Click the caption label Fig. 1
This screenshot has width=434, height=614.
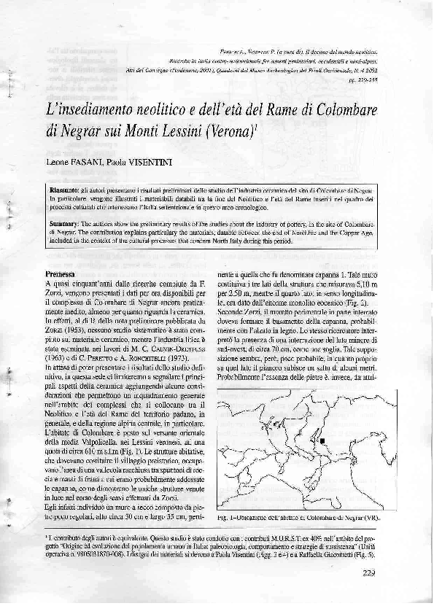[226, 516]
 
